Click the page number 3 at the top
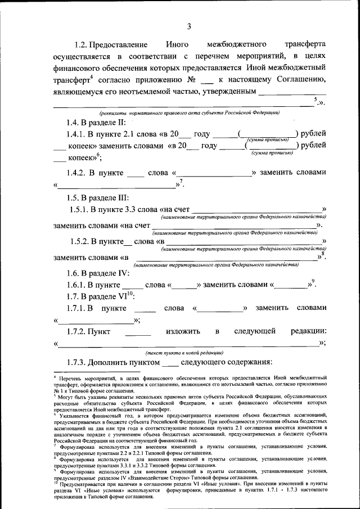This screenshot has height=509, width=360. click(x=189, y=26)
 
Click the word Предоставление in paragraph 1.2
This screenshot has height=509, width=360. click(x=119, y=44)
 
